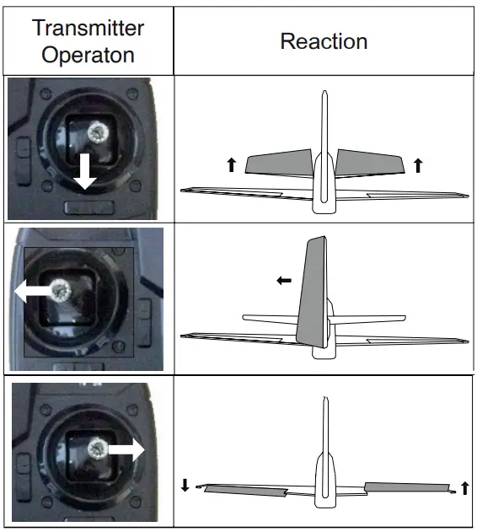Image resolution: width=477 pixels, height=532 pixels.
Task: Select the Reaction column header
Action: pyautogui.click(x=324, y=40)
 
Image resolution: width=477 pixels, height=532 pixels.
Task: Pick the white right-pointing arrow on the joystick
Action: pyautogui.click(x=127, y=452)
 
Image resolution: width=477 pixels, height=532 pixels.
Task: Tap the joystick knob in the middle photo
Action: pyautogui.click(x=61, y=290)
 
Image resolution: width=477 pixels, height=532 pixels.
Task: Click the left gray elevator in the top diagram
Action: pyautogui.click(x=279, y=162)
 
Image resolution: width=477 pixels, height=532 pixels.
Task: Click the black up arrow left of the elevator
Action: pyautogui.click(x=231, y=165)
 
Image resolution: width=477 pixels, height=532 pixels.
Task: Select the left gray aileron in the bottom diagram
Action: pyautogui.click(x=244, y=489)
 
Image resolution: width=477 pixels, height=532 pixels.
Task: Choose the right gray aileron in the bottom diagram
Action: pyautogui.click(x=405, y=486)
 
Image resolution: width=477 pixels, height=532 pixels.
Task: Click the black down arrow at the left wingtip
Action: pyautogui.click(x=185, y=486)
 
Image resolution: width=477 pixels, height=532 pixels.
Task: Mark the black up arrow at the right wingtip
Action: pyautogui.click(x=464, y=487)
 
